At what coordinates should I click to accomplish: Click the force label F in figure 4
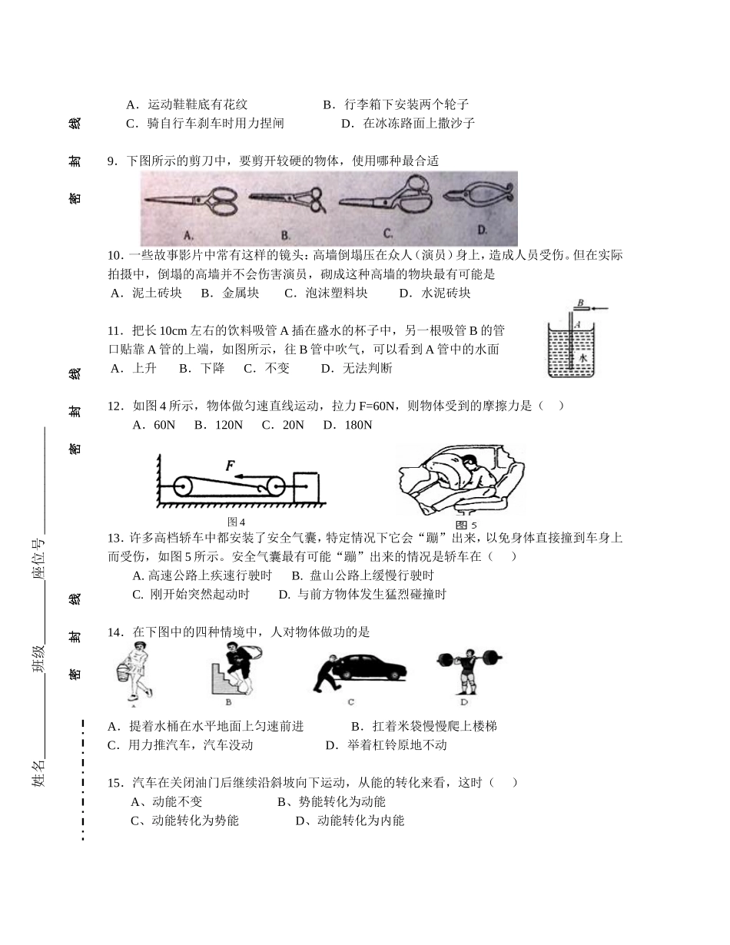tap(230, 466)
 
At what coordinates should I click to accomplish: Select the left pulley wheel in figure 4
tap(184, 487)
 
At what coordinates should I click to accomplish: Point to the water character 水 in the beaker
tap(583, 358)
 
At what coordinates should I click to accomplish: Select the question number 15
tap(114, 783)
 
